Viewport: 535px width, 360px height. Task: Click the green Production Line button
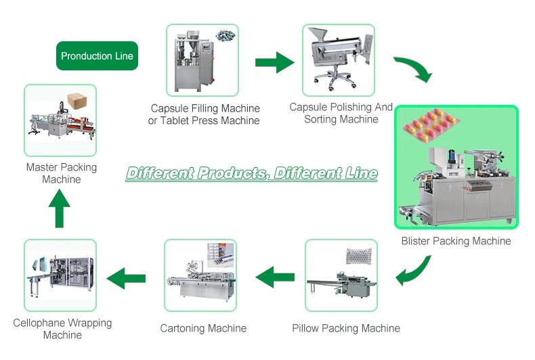[x=97, y=56]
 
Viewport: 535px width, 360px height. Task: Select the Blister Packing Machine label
[x=456, y=241]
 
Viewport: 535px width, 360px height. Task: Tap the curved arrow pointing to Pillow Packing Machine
[x=413, y=273]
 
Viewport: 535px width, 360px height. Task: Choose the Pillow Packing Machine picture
[x=341, y=275]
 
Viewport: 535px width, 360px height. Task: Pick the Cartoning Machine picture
[x=200, y=275]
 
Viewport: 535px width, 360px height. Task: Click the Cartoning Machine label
[x=203, y=329]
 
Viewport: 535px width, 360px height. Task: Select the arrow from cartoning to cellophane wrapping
[x=127, y=276]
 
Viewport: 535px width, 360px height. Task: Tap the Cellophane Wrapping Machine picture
[x=60, y=274]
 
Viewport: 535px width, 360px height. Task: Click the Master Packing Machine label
[x=62, y=173]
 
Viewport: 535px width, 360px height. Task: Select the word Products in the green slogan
[x=230, y=173]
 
